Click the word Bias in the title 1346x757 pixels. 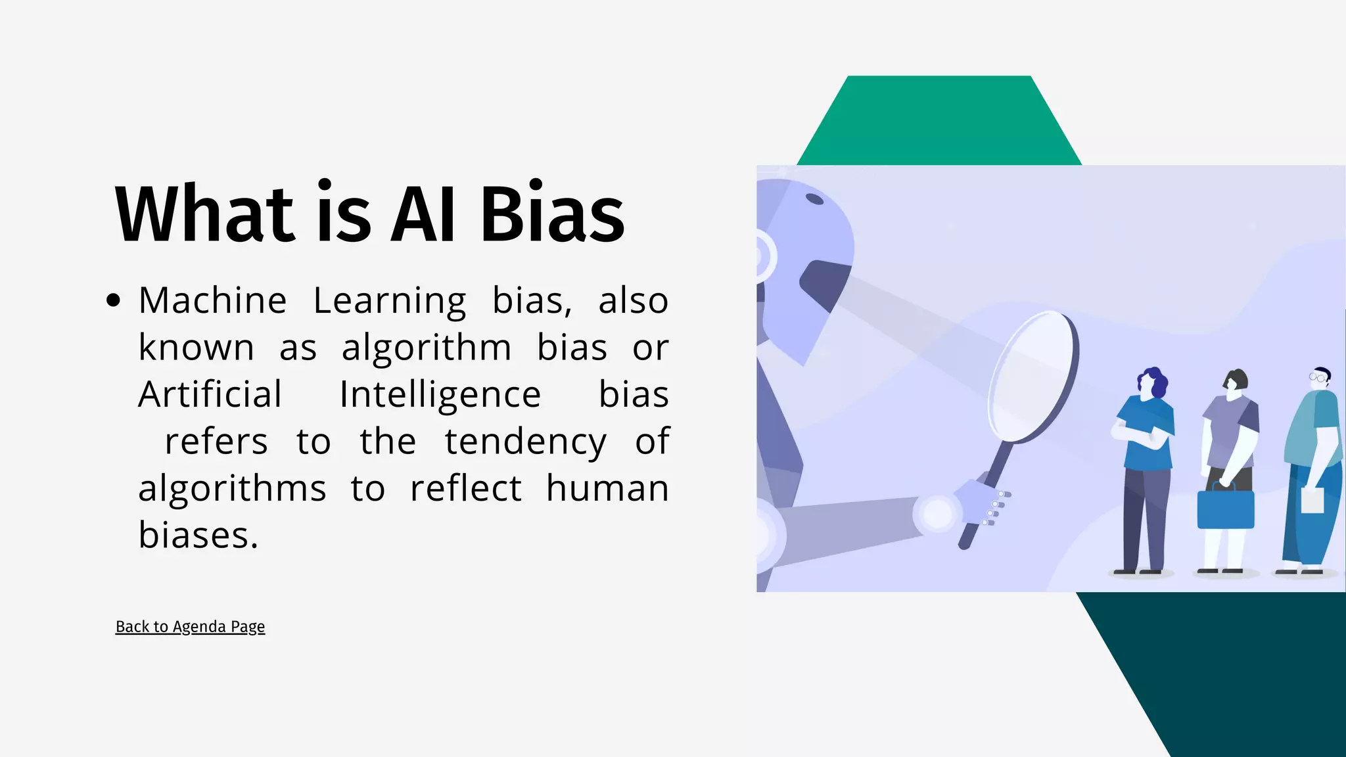pyautogui.click(x=552, y=214)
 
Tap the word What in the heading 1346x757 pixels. pyautogui.click(x=204, y=214)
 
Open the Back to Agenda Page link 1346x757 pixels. pyautogui.click(x=190, y=627)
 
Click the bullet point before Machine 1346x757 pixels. pyautogui.click(x=113, y=301)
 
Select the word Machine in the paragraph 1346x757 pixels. pyautogui.click(x=212, y=301)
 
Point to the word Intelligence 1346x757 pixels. pyautogui.click(x=440, y=395)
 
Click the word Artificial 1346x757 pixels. pyautogui.click(x=210, y=395)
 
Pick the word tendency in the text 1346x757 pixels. pyautogui.click(x=525, y=442)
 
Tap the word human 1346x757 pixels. pyautogui.click(x=607, y=488)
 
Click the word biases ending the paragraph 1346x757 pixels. pyautogui.click(x=197, y=536)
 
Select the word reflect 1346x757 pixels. pyautogui.click(x=465, y=488)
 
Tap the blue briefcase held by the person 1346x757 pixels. pyautogui.click(x=1225, y=508)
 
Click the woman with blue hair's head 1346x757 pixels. pyautogui.click(x=1151, y=382)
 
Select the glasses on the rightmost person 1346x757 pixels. pyautogui.click(x=1317, y=377)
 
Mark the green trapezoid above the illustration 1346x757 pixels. pyautogui.click(x=939, y=122)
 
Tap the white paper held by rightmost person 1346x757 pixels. pyautogui.click(x=1312, y=500)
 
